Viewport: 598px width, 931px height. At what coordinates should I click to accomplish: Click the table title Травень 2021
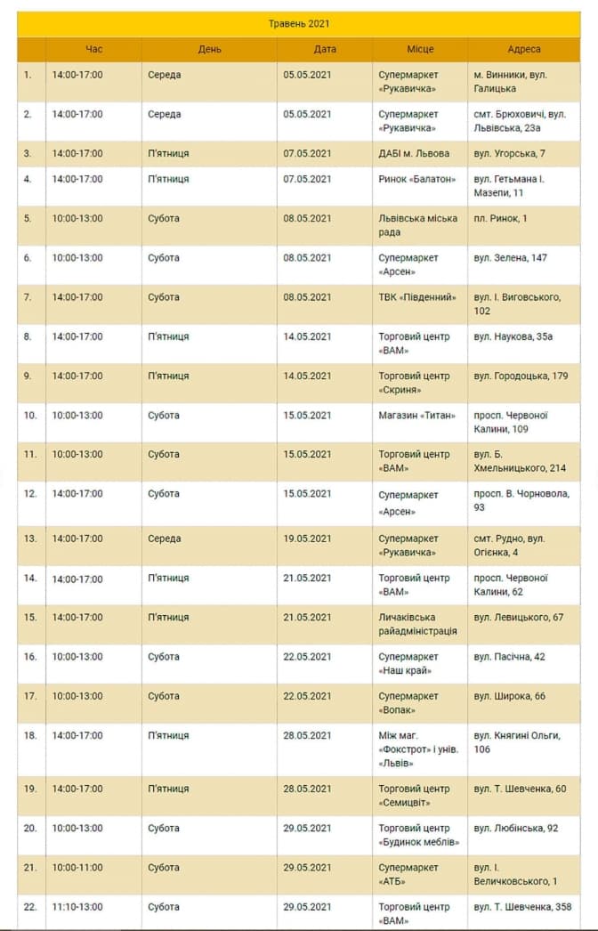[299, 24]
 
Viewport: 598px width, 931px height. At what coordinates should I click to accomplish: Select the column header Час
[94, 50]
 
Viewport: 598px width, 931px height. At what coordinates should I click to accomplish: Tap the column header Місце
[420, 50]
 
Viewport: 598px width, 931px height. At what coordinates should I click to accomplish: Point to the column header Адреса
[524, 50]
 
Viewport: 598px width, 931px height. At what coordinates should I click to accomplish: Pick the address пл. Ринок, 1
[500, 219]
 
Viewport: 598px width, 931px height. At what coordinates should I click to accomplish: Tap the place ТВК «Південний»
[417, 297]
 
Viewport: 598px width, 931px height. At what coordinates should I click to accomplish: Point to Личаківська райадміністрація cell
[418, 624]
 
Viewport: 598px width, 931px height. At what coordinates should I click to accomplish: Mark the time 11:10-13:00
[77, 908]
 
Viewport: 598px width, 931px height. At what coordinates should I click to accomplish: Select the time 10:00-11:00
[77, 869]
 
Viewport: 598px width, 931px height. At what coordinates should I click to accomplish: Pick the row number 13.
[29, 539]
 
